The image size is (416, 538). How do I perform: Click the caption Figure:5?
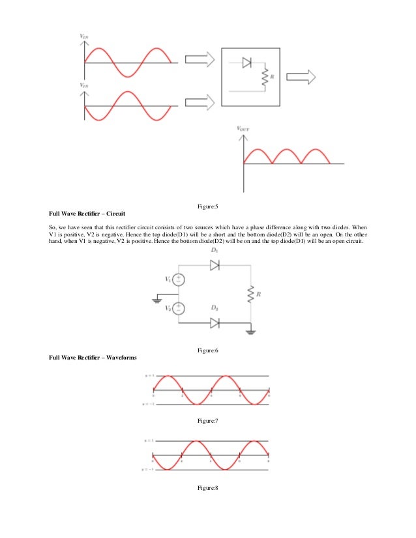pos(207,206)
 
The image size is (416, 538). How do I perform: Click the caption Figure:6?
pos(207,351)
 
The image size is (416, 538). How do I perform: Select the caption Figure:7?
pos(207,421)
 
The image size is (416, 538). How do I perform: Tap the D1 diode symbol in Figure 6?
pos(213,265)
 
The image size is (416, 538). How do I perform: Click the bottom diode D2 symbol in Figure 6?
pos(213,322)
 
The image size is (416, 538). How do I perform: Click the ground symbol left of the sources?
pos(158,300)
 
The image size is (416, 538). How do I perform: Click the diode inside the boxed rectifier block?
pos(247,63)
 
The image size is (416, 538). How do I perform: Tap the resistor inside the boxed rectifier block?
pos(264,78)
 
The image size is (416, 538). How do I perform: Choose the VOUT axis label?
pos(243,130)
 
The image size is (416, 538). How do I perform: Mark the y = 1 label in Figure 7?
pos(149,376)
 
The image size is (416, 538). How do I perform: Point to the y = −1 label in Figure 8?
pos(147,470)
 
